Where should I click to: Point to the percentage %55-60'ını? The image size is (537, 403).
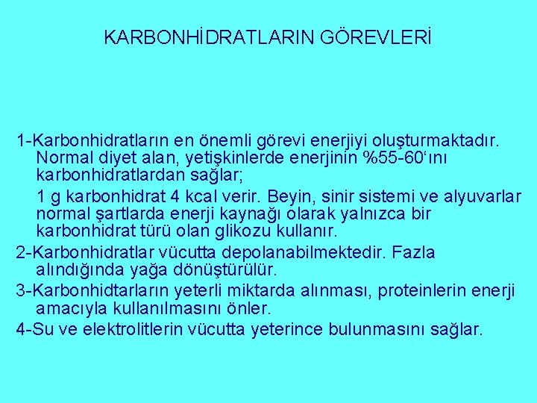(x=405, y=159)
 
